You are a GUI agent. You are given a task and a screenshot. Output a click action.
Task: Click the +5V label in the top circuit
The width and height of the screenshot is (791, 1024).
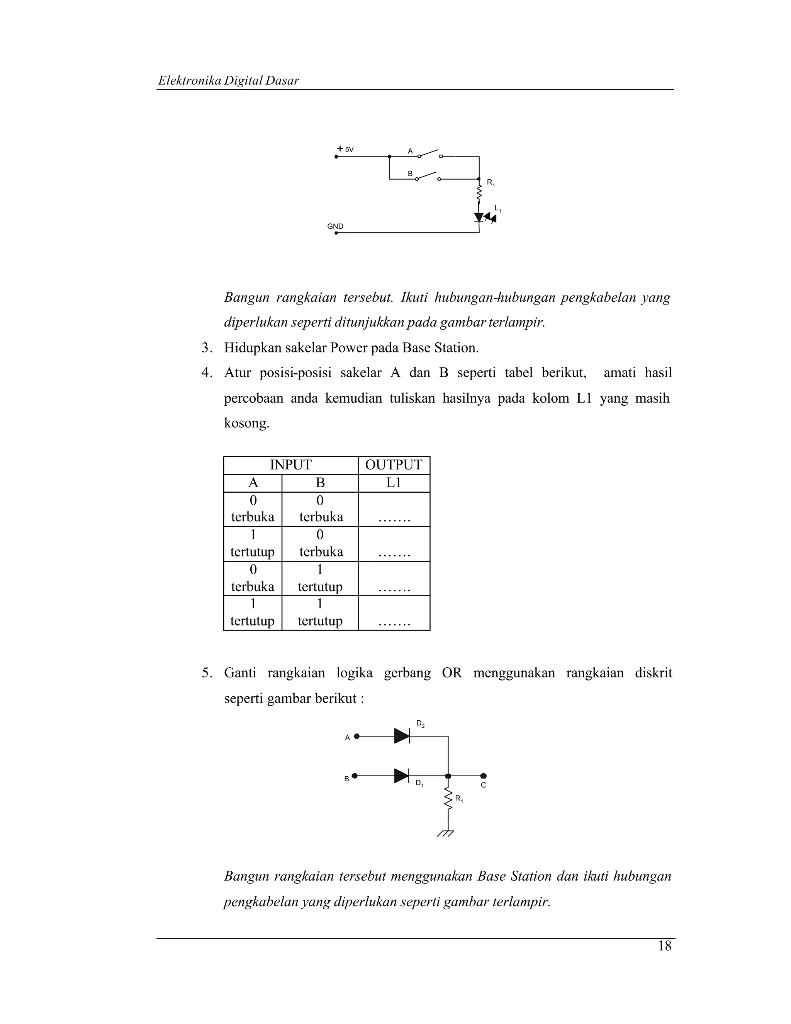click(346, 150)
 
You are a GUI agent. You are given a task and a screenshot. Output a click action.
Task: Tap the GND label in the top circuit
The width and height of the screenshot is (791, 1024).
click(335, 226)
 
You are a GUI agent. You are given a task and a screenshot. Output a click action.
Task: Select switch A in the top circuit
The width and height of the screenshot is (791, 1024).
click(429, 154)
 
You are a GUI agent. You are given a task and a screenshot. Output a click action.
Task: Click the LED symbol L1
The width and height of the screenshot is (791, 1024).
click(479, 218)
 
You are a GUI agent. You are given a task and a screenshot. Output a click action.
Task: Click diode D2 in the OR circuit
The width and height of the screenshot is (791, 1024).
click(402, 736)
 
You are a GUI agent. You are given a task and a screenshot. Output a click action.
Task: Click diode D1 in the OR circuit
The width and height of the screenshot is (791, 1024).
click(402, 776)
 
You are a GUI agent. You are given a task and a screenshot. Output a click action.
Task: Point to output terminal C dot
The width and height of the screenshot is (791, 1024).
click(484, 776)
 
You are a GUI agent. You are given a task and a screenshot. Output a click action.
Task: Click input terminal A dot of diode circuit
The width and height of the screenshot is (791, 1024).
click(356, 736)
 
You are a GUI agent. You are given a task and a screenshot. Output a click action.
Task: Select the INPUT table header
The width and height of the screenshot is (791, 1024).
click(290, 465)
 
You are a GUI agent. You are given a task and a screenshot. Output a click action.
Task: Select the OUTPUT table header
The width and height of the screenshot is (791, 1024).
click(394, 465)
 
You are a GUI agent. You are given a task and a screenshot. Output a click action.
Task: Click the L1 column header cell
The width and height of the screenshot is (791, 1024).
click(394, 483)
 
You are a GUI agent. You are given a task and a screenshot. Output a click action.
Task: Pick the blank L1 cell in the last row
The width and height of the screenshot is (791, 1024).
click(394, 613)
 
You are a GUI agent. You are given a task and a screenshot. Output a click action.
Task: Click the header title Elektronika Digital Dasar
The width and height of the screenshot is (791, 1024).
click(229, 81)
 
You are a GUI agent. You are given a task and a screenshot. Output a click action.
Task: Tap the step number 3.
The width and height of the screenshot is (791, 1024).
click(205, 348)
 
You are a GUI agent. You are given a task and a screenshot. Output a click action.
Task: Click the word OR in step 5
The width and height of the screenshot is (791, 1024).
click(452, 673)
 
